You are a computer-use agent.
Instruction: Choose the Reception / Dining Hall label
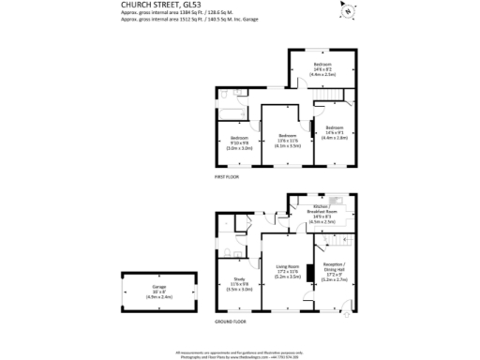(x=336, y=274)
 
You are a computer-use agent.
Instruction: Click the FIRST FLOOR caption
(x=228, y=177)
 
